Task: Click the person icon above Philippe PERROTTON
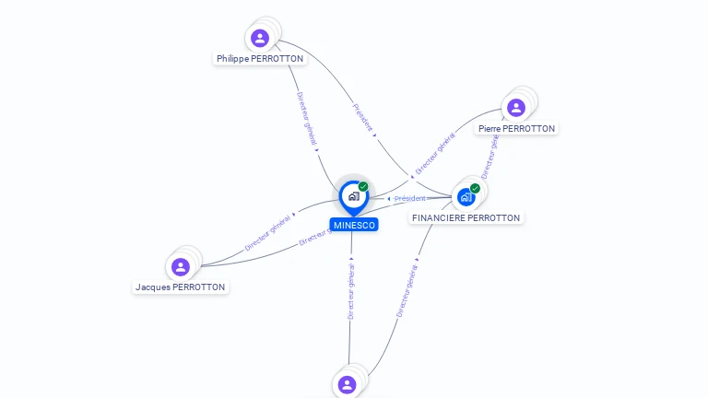[260, 38]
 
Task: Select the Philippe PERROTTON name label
[260, 59]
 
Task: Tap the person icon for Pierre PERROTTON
[516, 108]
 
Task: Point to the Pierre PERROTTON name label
[516, 129]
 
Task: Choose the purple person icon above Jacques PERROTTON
[181, 267]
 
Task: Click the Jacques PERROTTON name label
[181, 287]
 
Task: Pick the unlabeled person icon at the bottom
[347, 384]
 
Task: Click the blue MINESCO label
[354, 225]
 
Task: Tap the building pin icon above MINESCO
[353, 196]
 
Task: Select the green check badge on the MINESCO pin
[363, 187]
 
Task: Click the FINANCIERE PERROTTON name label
[466, 218]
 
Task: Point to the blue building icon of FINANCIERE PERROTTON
[466, 196]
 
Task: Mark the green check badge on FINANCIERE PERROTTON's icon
[475, 189]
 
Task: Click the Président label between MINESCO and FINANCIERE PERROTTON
[410, 199]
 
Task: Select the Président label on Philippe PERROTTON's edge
[362, 117]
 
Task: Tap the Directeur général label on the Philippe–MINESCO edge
[307, 118]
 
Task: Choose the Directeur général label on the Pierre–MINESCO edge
[434, 154]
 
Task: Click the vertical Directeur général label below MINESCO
[351, 289]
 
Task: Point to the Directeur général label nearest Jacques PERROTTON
[268, 233]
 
